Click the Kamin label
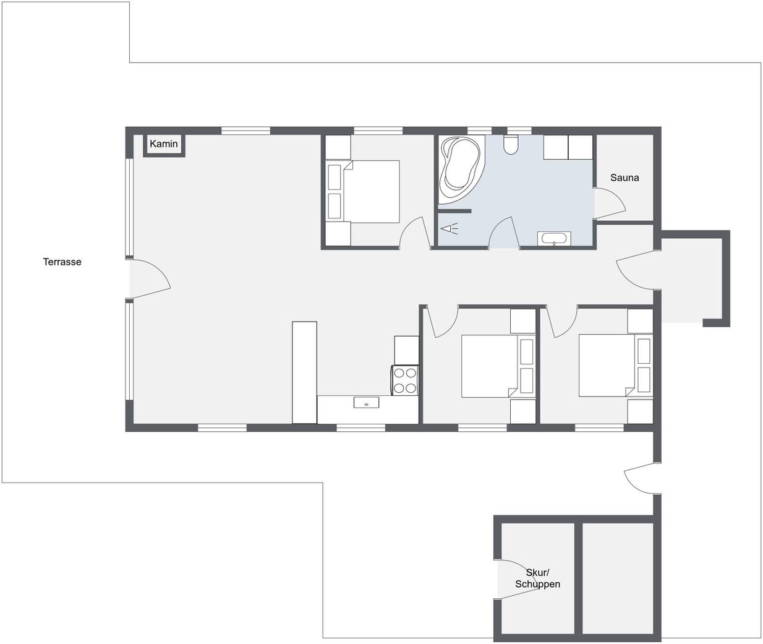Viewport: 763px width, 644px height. [x=164, y=144]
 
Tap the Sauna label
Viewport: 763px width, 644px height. [x=624, y=178]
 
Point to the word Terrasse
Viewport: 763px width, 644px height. [x=62, y=262]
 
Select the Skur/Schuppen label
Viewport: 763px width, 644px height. [x=537, y=578]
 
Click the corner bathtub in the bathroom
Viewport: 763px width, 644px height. [x=461, y=170]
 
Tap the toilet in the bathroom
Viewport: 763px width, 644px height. [x=511, y=145]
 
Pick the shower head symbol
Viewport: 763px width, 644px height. [x=449, y=230]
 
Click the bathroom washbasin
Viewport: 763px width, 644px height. [x=554, y=238]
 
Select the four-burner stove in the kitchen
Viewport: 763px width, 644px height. [x=405, y=380]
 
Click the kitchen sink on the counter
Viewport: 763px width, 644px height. [x=366, y=403]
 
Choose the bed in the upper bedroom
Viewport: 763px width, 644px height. [x=371, y=191]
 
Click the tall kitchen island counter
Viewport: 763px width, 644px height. [x=304, y=372]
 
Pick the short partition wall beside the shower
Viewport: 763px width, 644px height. [x=455, y=211]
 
